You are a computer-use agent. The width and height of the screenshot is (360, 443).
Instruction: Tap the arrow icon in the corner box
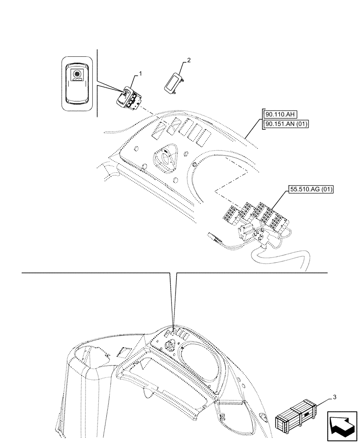coord(342,425)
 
